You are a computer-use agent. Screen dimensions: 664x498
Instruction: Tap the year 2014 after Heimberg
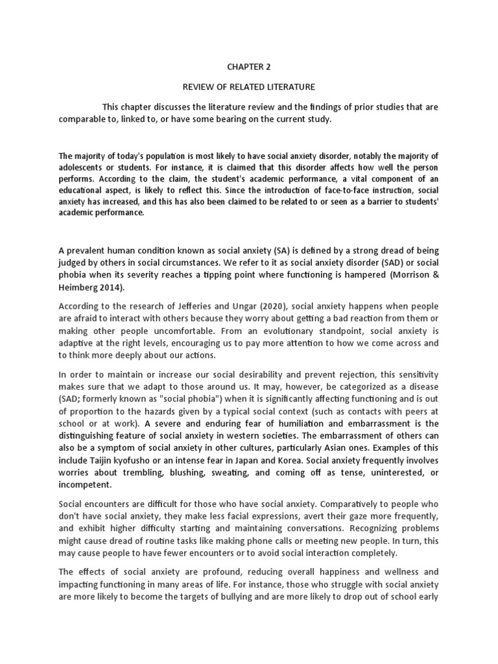[107, 288]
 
